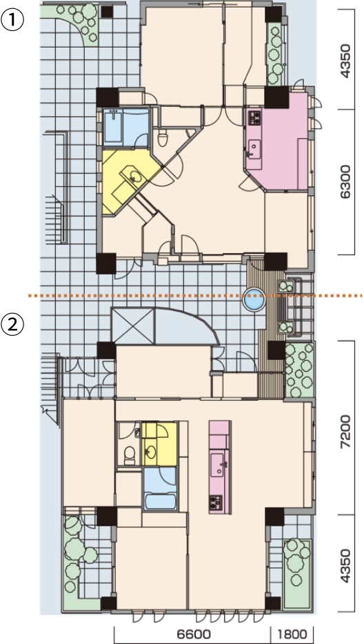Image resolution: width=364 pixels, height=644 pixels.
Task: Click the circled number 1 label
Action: pyautogui.click(x=12, y=20)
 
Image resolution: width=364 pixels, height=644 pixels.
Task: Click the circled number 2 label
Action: pyautogui.click(x=12, y=325)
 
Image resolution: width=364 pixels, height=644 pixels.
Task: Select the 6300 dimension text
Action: pyautogui.click(x=345, y=182)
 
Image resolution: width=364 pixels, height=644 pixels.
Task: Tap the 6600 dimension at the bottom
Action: pyautogui.click(x=194, y=634)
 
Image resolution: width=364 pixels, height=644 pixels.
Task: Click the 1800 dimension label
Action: pyautogui.click(x=292, y=634)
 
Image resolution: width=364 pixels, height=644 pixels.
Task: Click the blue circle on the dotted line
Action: pyautogui.click(x=254, y=299)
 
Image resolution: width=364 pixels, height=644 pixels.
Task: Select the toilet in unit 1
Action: pyautogui.click(x=163, y=138)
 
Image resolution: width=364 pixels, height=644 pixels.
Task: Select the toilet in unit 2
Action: pyautogui.click(x=130, y=456)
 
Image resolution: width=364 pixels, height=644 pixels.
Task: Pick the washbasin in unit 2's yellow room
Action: pyautogui.click(x=151, y=452)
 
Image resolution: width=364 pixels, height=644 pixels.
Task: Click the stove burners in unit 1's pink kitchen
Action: pyautogui.click(x=254, y=119)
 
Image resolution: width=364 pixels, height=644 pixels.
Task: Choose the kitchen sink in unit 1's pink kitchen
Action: pyautogui.click(x=254, y=148)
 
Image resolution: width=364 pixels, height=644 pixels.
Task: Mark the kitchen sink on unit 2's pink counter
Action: pyautogui.click(x=218, y=464)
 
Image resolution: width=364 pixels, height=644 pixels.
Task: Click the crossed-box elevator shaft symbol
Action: pyautogui.click(x=133, y=326)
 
